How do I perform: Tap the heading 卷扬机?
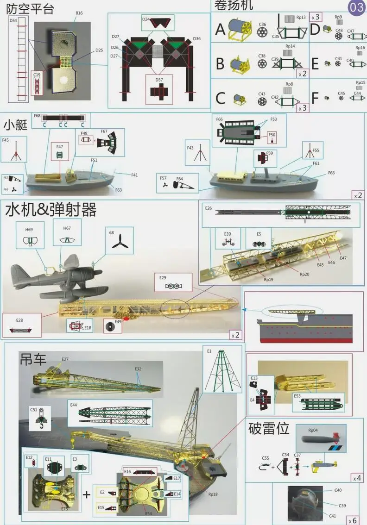(x=233, y=6)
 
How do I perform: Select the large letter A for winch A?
(x=220, y=29)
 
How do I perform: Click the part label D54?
(x=13, y=20)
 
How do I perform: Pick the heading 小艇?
(x=16, y=125)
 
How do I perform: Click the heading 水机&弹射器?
(x=51, y=210)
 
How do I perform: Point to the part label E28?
(x=19, y=320)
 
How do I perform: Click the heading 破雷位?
(x=269, y=428)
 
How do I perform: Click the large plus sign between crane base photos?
(x=87, y=494)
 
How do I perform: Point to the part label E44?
(x=74, y=405)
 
